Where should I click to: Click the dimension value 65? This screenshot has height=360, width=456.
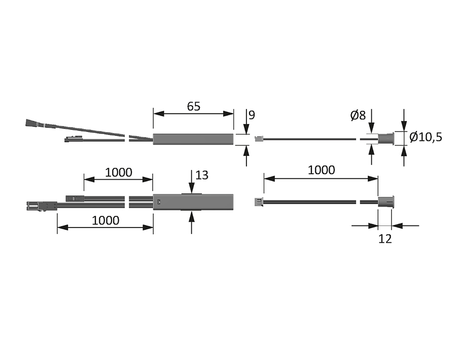coord(194,106)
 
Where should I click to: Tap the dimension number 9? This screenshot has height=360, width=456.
coord(252,115)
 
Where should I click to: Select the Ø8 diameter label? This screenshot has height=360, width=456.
coord(358,115)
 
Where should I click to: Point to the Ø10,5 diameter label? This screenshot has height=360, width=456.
coord(425,137)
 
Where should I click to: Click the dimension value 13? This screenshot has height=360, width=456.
coord(201,175)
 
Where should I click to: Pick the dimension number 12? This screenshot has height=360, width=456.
coord(385,239)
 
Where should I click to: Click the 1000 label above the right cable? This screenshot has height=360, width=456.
coord(321,170)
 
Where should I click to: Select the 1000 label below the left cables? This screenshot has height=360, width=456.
coord(106,220)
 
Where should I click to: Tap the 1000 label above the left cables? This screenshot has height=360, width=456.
coord(118,172)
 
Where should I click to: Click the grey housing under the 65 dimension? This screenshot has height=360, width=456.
coord(193,138)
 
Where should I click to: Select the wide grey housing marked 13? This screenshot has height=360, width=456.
coord(193,202)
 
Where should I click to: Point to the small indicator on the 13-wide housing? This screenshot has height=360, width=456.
coord(160,203)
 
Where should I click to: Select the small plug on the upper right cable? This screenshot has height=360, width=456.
coord(258,138)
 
